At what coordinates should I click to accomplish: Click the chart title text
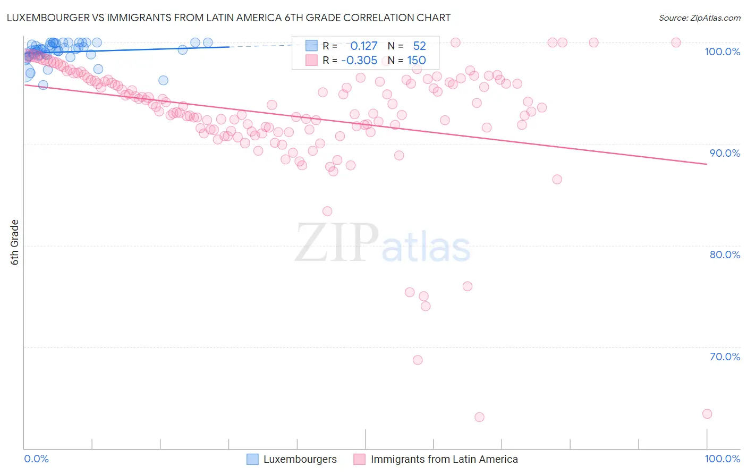coord(228,18)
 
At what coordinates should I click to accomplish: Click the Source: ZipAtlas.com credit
coord(699,18)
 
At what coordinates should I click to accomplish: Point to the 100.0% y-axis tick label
coord(722,52)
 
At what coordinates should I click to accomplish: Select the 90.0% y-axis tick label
coord(725,153)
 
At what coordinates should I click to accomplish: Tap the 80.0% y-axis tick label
coord(725,255)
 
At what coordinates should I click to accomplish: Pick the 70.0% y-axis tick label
coord(725,357)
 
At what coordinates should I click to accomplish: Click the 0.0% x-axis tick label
coord(37,459)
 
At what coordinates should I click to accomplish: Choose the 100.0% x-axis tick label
coord(722,459)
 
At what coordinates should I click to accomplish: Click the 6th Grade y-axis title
coord(15,242)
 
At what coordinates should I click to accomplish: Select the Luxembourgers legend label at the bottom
coord(300,459)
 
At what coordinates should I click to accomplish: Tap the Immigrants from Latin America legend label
coord(444,459)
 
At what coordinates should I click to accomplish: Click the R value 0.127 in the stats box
coord(363,46)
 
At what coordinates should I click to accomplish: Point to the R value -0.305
coord(359,60)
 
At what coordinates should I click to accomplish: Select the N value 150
coord(417,60)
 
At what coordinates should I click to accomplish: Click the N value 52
coord(419,46)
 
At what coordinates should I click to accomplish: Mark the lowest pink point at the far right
coord(707,414)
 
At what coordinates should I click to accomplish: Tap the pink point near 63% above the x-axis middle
coord(479,417)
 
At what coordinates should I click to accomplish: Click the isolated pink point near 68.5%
coord(418,360)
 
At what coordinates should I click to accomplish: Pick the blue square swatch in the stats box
coord(311,46)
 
